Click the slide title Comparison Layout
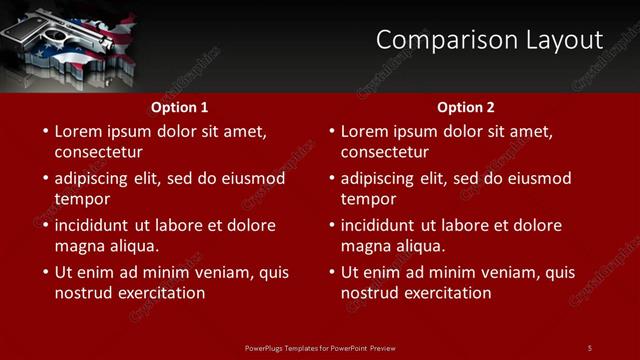coord(489,40)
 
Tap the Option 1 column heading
coord(180,107)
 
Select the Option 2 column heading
coord(466,107)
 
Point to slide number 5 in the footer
coord(590,347)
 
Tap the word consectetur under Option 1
coord(98,152)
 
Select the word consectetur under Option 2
coord(385,152)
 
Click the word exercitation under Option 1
coord(159,293)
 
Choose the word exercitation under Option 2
coord(445,293)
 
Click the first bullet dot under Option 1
coord(45,131)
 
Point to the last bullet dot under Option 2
coord(331,272)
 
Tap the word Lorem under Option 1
coord(78,131)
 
